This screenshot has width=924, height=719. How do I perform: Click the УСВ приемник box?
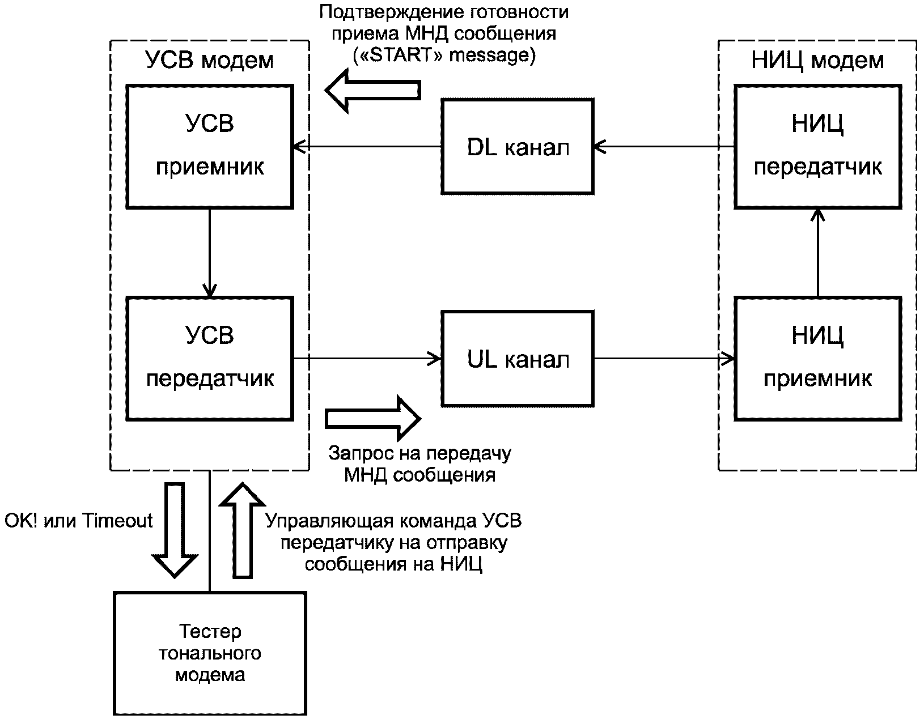click(210, 146)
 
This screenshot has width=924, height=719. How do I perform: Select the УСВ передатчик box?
click(210, 358)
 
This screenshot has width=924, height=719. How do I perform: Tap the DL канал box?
click(518, 147)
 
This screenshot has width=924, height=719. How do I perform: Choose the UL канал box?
click(518, 359)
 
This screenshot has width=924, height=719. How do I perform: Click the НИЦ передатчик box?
click(817, 146)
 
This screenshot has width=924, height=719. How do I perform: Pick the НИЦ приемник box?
click(817, 358)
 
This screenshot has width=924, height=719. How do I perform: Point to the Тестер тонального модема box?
click(210, 653)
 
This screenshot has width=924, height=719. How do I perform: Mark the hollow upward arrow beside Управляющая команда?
click(243, 530)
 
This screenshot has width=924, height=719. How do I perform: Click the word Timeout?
click(118, 520)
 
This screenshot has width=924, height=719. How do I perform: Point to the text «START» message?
click(444, 56)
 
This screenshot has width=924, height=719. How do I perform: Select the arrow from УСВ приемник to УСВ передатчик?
click(210, 253)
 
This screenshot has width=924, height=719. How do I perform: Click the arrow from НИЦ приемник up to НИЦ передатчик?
click(817, 253)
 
